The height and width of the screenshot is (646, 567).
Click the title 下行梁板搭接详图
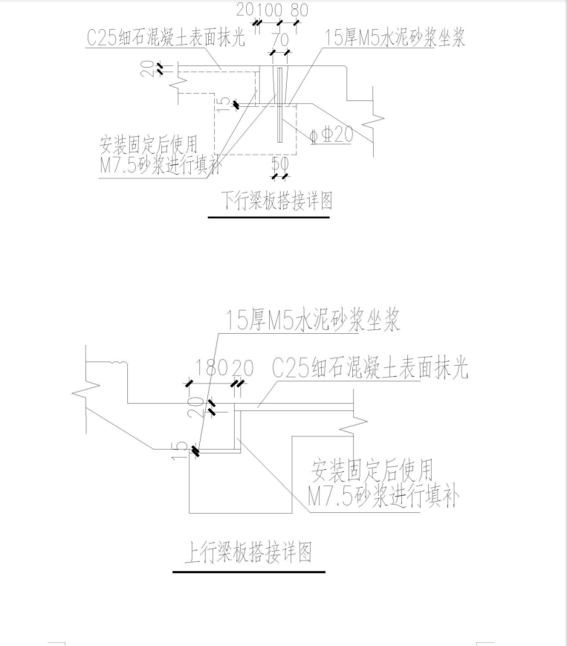click(276, 201)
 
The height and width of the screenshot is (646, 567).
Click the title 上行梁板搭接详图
click(248, 552)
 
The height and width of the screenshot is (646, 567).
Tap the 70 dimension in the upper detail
click(280, 40)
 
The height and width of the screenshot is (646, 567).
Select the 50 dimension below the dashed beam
click(280, 164)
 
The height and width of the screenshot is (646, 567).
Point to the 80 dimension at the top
click(299, 10)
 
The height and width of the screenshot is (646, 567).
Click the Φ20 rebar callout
click(332, 135)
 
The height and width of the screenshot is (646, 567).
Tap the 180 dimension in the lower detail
click(211, 368)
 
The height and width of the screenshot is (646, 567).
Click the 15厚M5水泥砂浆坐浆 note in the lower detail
click(313, 321)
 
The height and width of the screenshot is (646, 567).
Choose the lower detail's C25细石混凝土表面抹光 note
click(370, 368)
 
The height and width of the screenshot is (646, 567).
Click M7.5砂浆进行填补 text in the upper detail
click(161, 166)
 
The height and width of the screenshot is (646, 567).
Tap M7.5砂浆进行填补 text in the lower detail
click(383, 497)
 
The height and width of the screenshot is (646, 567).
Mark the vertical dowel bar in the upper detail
click(279, 105)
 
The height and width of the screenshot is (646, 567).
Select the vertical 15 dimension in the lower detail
click(178, 451)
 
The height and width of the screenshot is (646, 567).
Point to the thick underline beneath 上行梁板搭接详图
click(249, 572)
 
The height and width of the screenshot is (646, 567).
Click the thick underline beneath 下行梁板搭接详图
click(269, 217)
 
